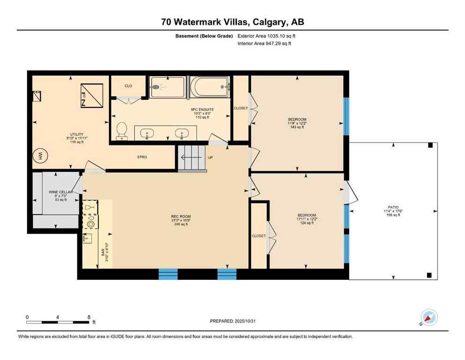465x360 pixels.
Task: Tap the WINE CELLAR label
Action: [59, 192]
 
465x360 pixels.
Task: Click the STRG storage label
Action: [142, 157]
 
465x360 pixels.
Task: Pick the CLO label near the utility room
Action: [128, 86]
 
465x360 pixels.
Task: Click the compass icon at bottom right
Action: [429, 318]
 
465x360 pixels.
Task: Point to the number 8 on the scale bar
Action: [89, 317]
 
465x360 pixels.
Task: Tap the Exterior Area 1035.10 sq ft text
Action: [266, 36]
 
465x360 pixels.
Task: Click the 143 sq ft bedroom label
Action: [297, 127]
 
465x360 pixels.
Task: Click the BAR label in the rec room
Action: [103, 252]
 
